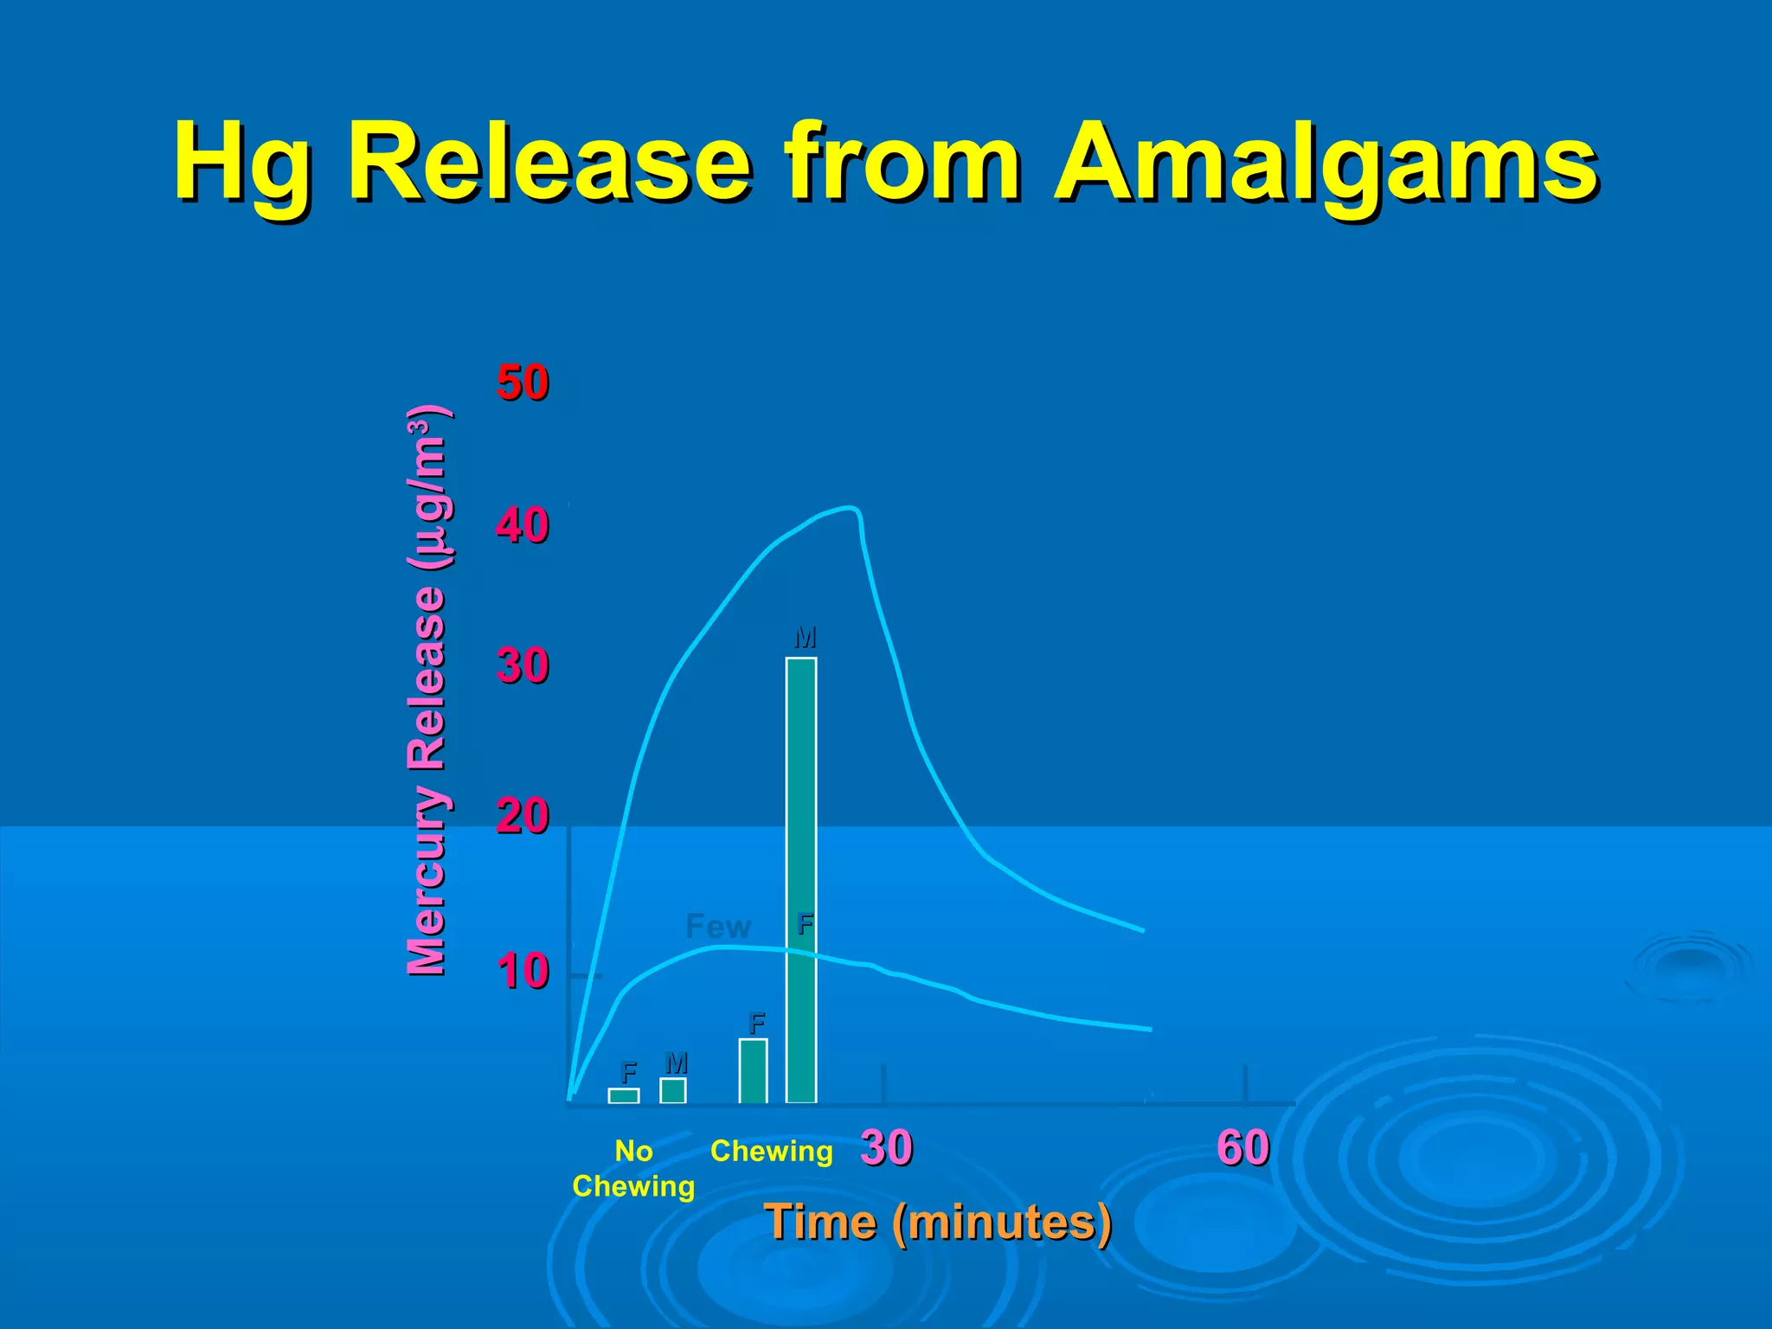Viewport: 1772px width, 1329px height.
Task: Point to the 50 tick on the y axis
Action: coord(523,382)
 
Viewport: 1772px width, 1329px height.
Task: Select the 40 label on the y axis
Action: coord(523,525)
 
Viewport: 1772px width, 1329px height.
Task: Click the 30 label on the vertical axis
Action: coord(523,666)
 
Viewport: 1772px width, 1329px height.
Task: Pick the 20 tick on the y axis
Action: coord(523,816)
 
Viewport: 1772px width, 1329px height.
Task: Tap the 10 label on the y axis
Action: coord(523,971)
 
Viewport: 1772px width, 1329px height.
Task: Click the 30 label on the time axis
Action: coord(886,1148)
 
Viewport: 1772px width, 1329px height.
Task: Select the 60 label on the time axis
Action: coord(1243,1148)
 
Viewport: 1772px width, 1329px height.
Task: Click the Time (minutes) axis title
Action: coord(938,1223)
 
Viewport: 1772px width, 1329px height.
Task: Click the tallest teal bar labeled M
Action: coord(801,880)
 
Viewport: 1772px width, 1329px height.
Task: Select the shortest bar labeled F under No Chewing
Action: coord(624,1095)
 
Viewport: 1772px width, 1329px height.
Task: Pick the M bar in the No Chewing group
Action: coord(673,1090)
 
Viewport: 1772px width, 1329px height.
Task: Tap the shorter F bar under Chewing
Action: coord(753,1071)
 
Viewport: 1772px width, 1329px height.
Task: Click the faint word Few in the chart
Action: coord(717,927)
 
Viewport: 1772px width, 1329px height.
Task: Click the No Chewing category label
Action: coord(633,1168)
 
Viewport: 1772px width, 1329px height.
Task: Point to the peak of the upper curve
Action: coord(850,508)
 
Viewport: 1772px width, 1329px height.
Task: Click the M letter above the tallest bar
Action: coord(805,638)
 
